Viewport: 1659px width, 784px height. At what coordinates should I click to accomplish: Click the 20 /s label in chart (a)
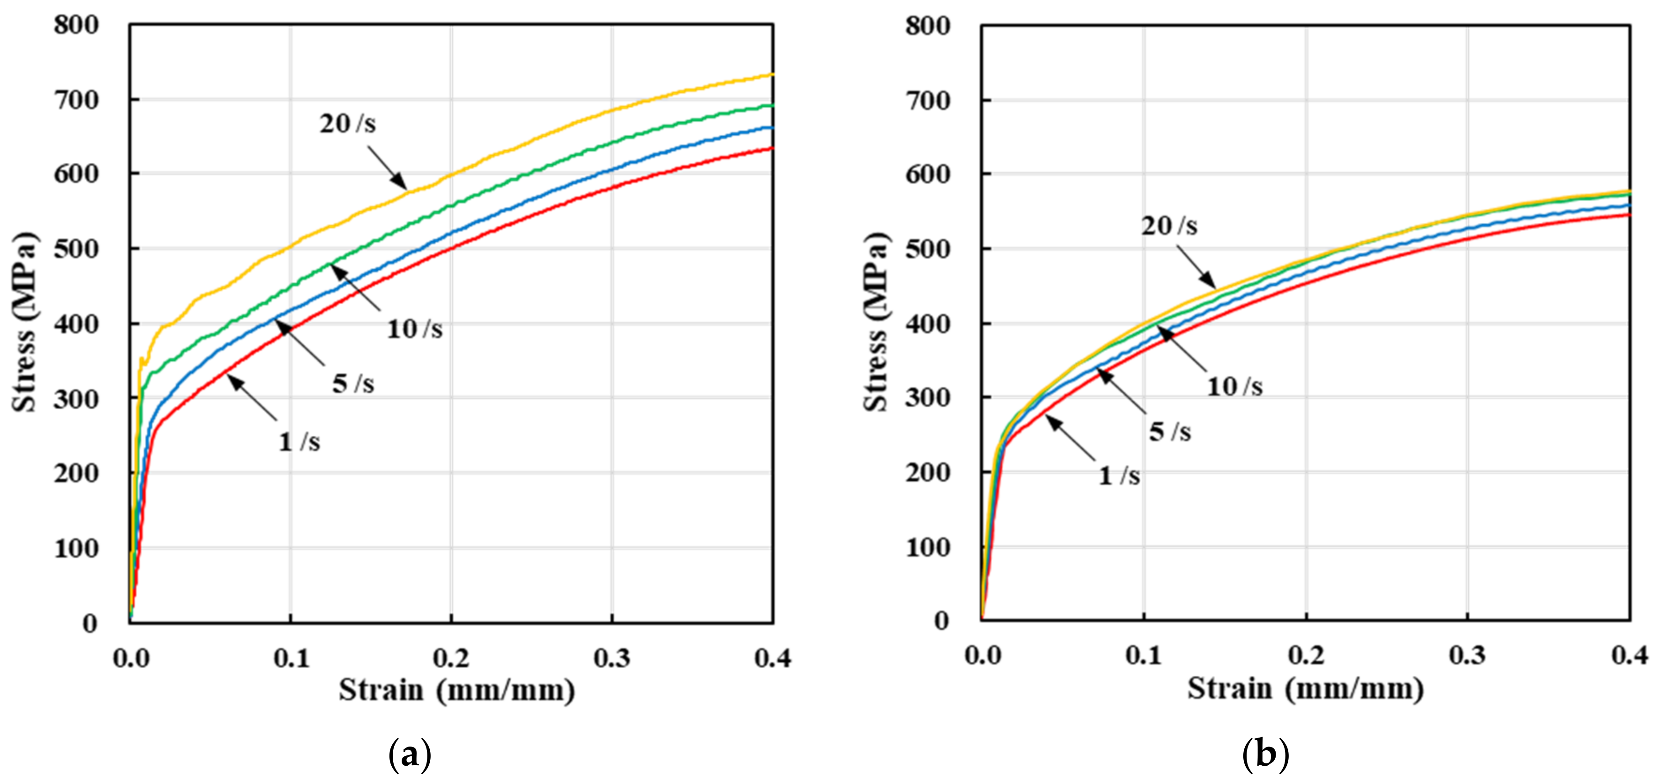347,124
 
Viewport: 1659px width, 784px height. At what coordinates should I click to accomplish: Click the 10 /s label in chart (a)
414,329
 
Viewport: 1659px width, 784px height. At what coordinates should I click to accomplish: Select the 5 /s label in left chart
353,384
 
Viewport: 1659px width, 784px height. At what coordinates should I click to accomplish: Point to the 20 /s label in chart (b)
1169,226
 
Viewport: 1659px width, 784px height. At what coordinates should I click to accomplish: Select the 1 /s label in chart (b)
1119,476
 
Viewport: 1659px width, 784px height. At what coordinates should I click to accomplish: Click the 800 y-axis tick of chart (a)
76,25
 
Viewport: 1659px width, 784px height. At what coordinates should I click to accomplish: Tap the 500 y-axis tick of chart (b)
927,249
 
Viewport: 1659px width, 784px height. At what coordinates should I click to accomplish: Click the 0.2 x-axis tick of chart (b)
1306,656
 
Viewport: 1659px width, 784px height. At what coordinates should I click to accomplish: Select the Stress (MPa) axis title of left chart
24,322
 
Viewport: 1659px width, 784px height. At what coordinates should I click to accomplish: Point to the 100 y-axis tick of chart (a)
76,549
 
